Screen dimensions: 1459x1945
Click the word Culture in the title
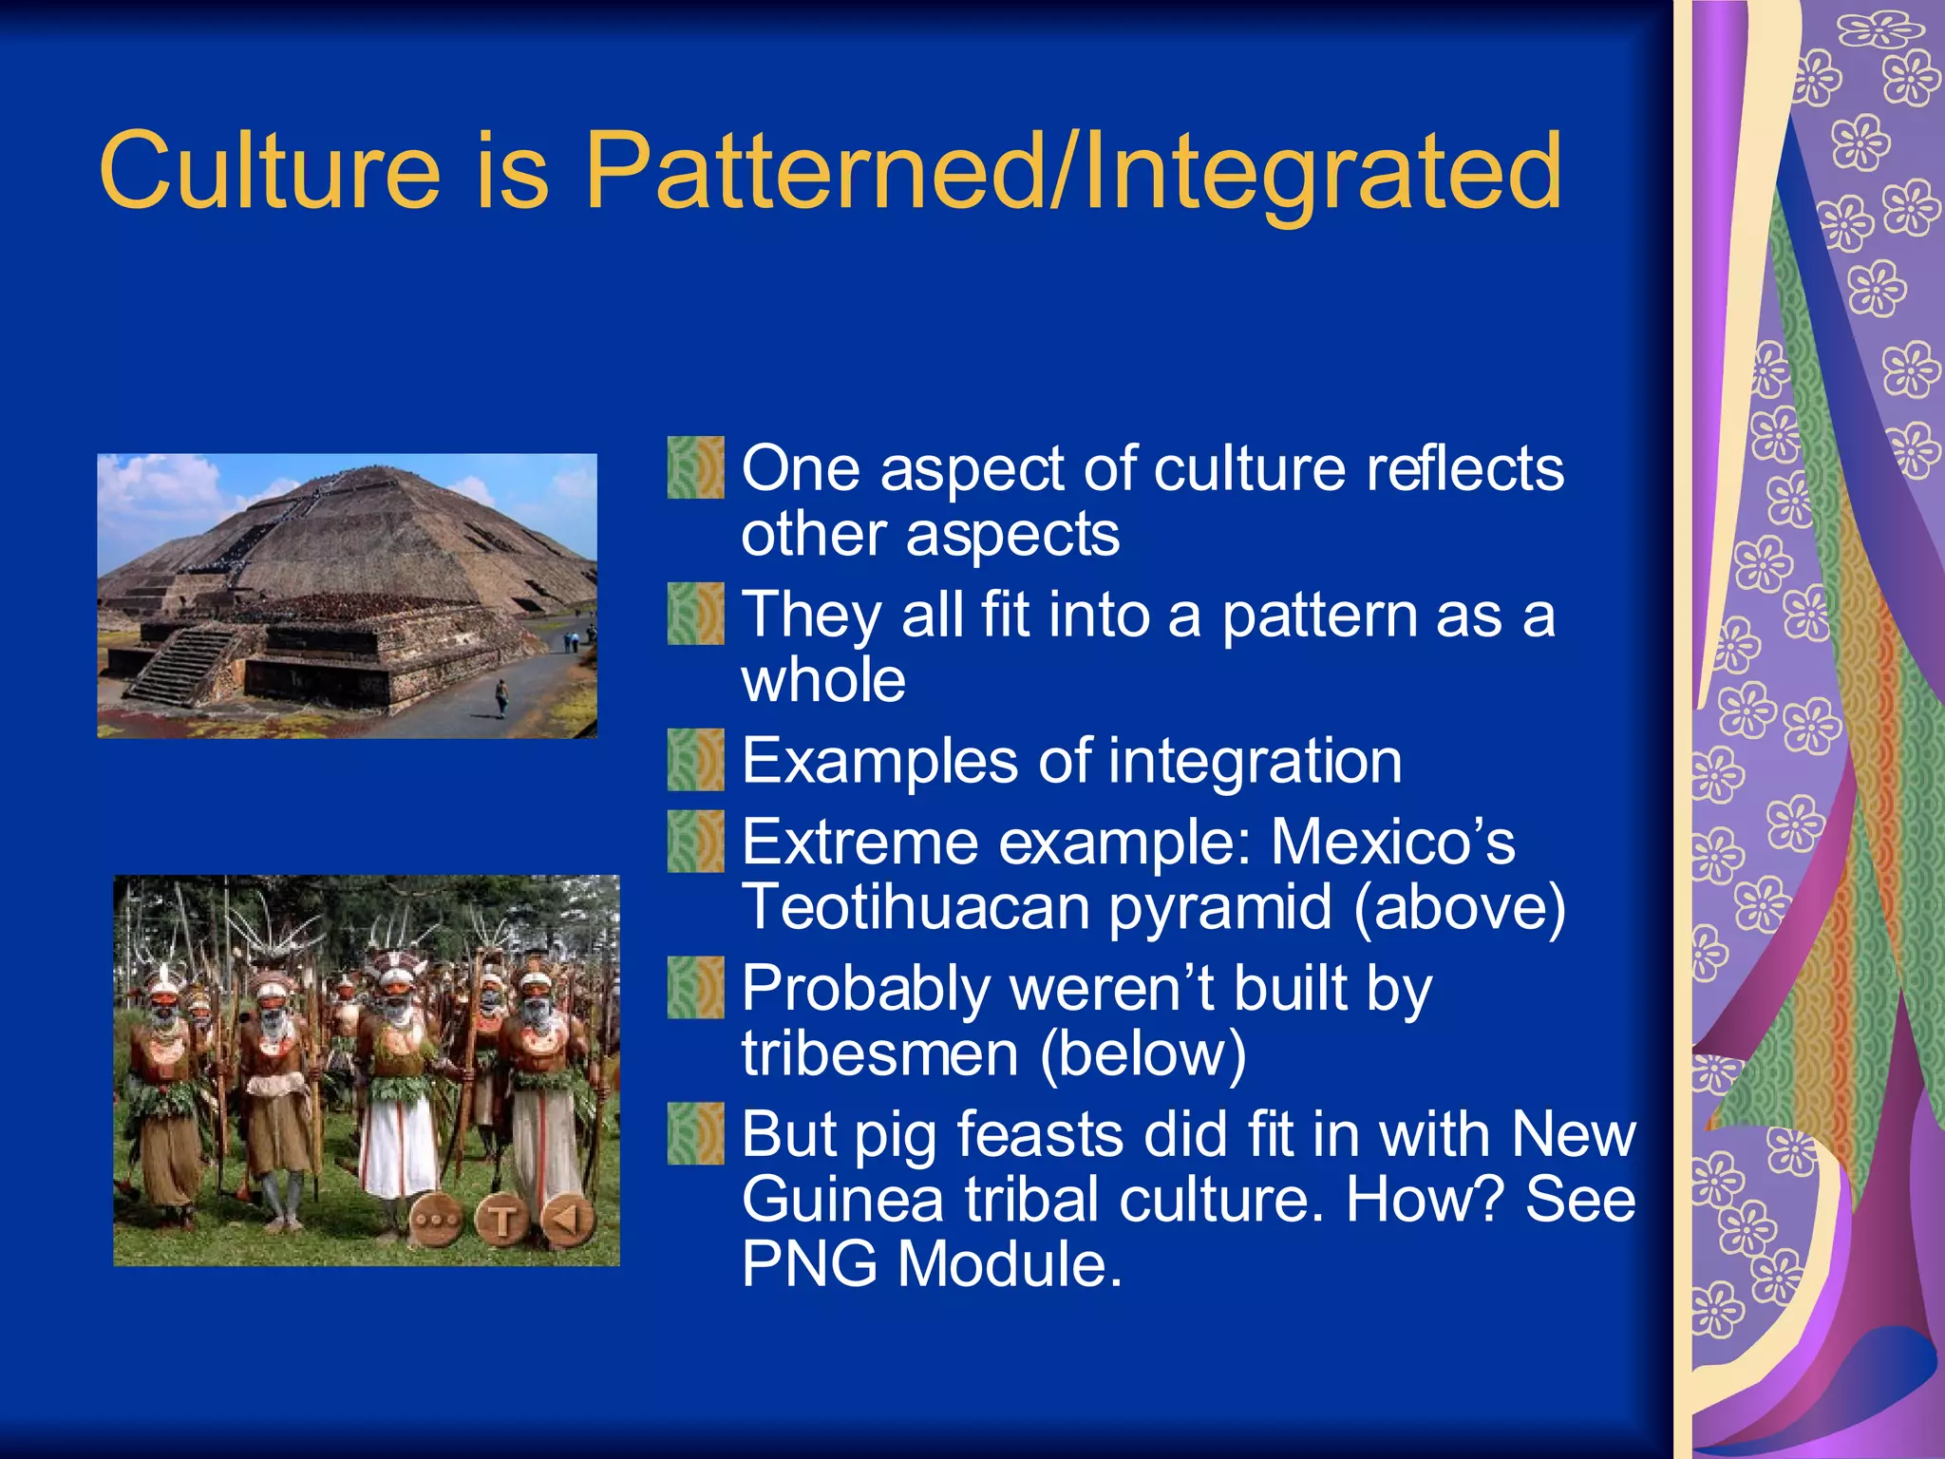pyautogui.click(x=269, y=171)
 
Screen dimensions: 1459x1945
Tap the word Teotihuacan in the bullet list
pyautogui.click(x=916, y=907)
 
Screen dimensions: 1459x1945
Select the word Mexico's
pyautogui.click(x=1392, y=842)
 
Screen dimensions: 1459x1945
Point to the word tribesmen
pyautogui.click(x=879, y=1053)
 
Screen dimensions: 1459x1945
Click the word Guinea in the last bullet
pyautogui.click(x=842, y=1200)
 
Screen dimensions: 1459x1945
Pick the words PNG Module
pyautogui.click(x=931, y=1264)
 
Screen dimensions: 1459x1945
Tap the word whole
pyautogui.click(x=823, y=680)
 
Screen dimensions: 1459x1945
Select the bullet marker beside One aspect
pyautogui.click(x=695, y=467)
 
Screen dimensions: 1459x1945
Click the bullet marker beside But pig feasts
pyautogui.click(x=695, y=1134)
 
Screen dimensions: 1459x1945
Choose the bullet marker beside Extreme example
pyautogui.click(x=695, y=842)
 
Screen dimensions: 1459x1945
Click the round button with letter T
pyautogui.click(x=502, y=1221)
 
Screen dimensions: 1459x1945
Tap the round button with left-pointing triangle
pyautogui.click(x=567, y=1219)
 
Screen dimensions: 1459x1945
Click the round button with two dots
pyautogui.click(x=437, y=1221)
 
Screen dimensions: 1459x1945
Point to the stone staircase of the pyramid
pyautogui.click(x=180, y=665)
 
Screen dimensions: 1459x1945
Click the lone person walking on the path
pyautogui.click(x=501, y=698)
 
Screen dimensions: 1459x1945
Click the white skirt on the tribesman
pyautogui.click(x=399, y=1149)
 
